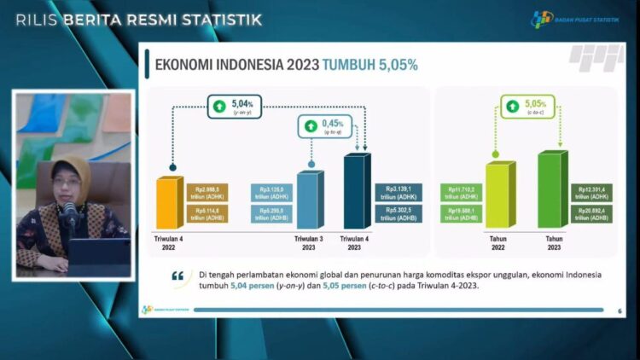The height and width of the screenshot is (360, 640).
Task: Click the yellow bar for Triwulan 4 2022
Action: [170, 204]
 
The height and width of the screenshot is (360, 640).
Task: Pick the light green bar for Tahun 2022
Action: [497, 195]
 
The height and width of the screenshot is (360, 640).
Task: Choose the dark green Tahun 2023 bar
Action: [550, 190]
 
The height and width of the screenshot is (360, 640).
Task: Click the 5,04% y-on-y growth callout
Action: [236, 110]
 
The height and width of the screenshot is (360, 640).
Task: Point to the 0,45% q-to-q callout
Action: [325, 129]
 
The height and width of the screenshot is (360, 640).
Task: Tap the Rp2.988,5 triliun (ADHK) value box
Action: [207, 192]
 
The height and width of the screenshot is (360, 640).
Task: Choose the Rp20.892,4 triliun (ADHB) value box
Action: [590, 214]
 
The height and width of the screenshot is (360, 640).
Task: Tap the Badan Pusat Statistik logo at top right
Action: [543, 19]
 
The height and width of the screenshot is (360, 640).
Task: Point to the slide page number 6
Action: [619, 311]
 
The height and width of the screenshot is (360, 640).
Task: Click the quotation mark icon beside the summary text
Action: [178, 277]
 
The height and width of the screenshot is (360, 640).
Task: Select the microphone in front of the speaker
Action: [69, 212]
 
